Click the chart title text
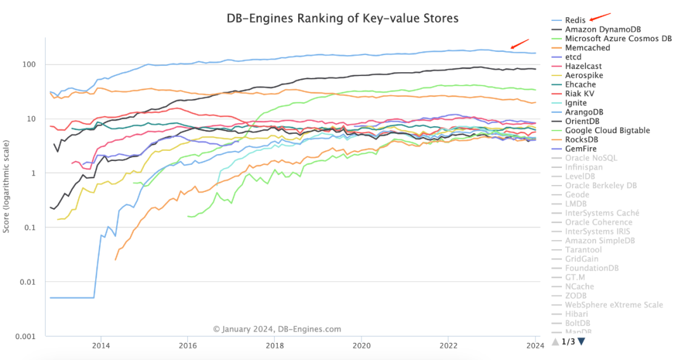342,18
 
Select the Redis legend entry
575,20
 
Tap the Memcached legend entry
587,48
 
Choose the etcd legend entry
573,57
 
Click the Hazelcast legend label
583,66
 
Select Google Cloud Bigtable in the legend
607,131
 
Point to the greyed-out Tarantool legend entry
583,250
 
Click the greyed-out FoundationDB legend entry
591,268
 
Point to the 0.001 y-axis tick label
27,336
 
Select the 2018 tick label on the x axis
275,346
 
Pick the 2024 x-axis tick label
535,346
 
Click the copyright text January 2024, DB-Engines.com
277,329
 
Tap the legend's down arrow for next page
582,342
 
